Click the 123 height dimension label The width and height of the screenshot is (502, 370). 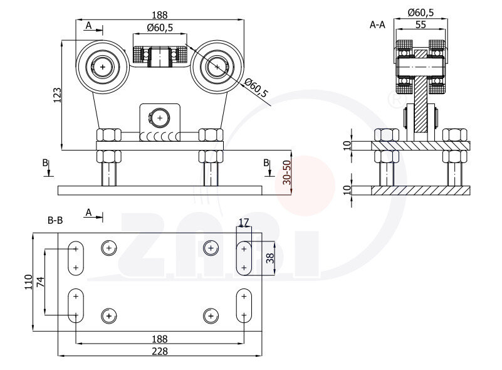(x=57, y=95)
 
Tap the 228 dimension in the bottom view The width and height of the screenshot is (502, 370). (x=159, y=351)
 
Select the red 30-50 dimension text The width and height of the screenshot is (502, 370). (x=286, y=171)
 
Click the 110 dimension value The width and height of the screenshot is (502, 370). (x=28, y=283)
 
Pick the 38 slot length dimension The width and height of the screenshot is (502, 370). (x=270, y=257)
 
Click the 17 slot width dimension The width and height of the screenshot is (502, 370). (x=244, y=222)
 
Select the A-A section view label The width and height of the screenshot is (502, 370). (x=377, y=25)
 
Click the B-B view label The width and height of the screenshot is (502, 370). (x=55, y=220)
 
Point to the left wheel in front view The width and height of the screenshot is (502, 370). (x=103, y=65)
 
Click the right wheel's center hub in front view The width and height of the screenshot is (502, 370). (x=216, y=65)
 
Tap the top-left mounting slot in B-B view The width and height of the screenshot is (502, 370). (x=76, y=258)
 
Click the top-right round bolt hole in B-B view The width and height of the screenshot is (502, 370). (x=211, y=248)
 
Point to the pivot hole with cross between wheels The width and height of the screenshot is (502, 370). (x=160, y=117)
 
